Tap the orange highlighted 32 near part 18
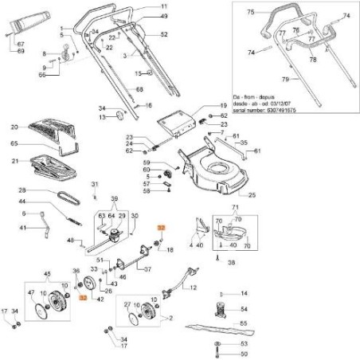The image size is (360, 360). point(160,229)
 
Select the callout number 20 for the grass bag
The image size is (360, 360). point(14,127)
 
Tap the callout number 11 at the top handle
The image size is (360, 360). point(164,7)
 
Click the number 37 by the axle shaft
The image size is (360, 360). point(147,268)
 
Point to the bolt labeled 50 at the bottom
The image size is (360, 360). point(217,353)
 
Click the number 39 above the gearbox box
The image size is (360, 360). point(115,198)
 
